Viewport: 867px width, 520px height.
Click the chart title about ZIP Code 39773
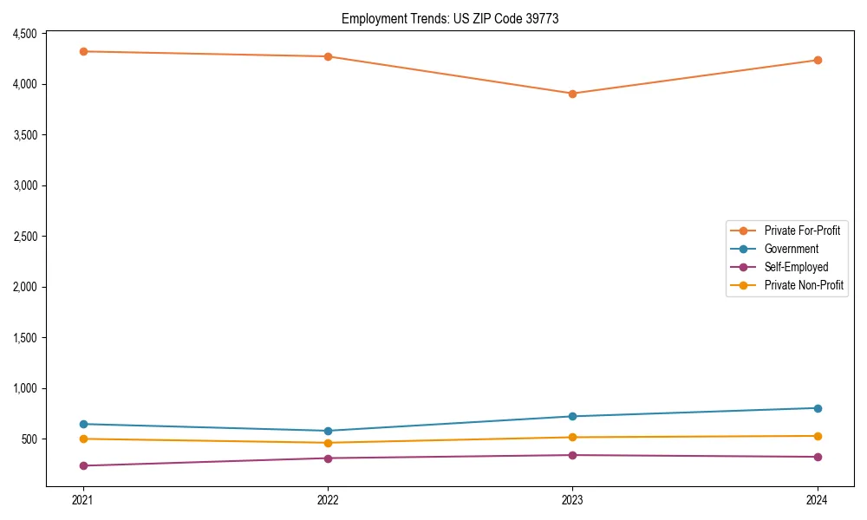pos(449,18)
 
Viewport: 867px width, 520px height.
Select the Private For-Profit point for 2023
pos(572,94)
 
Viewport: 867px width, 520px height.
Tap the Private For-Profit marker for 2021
pos(83,51)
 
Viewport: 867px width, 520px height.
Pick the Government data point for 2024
pos(818,408)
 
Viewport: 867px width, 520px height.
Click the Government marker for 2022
pos(328,431)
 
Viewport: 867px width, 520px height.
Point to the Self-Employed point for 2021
pos(83,465)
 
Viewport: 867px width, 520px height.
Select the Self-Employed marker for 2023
pos(572,455)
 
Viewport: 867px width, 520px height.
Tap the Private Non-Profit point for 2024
pos(818,436)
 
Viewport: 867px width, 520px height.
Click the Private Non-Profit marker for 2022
pos(328,443)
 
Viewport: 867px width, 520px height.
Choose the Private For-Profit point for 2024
pos(818,60)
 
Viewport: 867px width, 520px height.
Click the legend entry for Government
pos(791,249)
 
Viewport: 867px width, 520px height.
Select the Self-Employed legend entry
pos(796,267)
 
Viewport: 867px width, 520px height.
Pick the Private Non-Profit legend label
pos(804,285)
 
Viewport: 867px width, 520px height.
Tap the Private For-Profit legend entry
pos(802,231)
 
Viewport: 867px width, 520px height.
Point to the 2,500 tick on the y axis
pos(23,237)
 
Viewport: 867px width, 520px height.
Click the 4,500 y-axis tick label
pos(23,34)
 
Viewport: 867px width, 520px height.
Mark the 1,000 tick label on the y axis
pos(23,388)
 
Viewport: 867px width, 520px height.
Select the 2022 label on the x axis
pos(328,500)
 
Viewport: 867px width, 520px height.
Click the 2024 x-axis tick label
pos(818,500)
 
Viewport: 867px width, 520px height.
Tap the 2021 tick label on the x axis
pos(83,500)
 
